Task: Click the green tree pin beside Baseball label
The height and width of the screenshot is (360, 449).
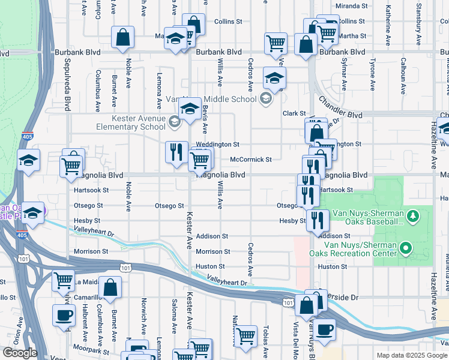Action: pyautogui.click(x=412, y=215)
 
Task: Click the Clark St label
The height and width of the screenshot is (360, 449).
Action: pyautogui.click(x=295, y=113)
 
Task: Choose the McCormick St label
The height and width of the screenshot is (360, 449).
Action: pyautogui.click(x=251, y=160)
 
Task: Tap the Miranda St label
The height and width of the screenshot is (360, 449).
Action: pyautogui.click(x=352, y=6)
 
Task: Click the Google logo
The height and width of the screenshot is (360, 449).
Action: pyautogui.click(x=20, y=353)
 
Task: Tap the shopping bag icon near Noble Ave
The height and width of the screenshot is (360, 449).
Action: pyautogui.click(x=122, y=37)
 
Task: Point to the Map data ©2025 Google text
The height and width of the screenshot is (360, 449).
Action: pyautogui.click(x=411, y=355)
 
